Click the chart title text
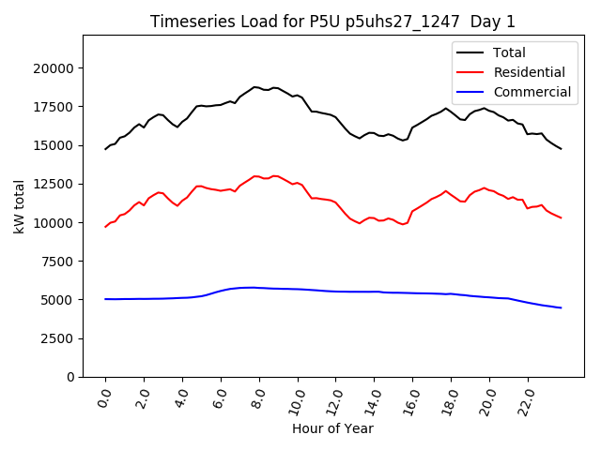[x=332, y=22]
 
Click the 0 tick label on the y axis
[x=71, y=377]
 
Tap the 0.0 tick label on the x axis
[x=104, y=397]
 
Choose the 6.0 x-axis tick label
[x=220, y=397]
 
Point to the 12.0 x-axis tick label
[x=333, y=397]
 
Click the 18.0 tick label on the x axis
[x=449, y=397]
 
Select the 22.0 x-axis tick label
[x=525, y=397]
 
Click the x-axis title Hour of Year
[x=332, y=428]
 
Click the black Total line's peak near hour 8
[x=254, y=86]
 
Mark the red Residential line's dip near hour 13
[x=359, y=223]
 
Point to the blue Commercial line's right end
[x=561, y=307]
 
